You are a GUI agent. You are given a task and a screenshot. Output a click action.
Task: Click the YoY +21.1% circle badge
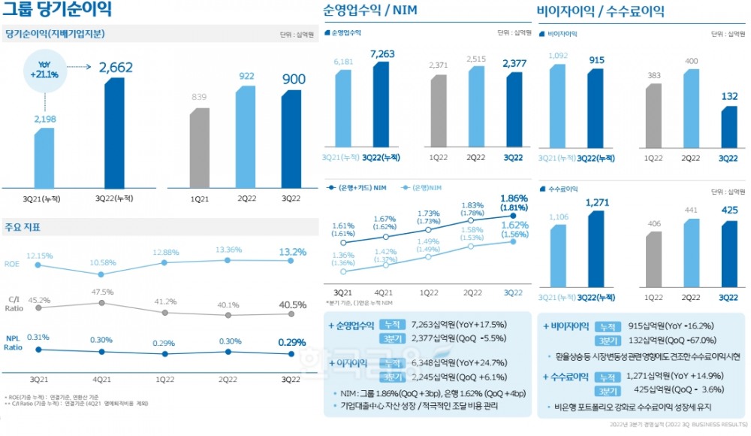coord(44,69)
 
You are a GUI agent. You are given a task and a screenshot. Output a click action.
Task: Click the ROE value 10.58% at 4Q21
coord(102,262)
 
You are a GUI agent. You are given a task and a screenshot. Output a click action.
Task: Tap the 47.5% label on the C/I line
coord(102,291)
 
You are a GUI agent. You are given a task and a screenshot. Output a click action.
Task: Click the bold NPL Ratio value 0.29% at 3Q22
coord(291,342)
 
